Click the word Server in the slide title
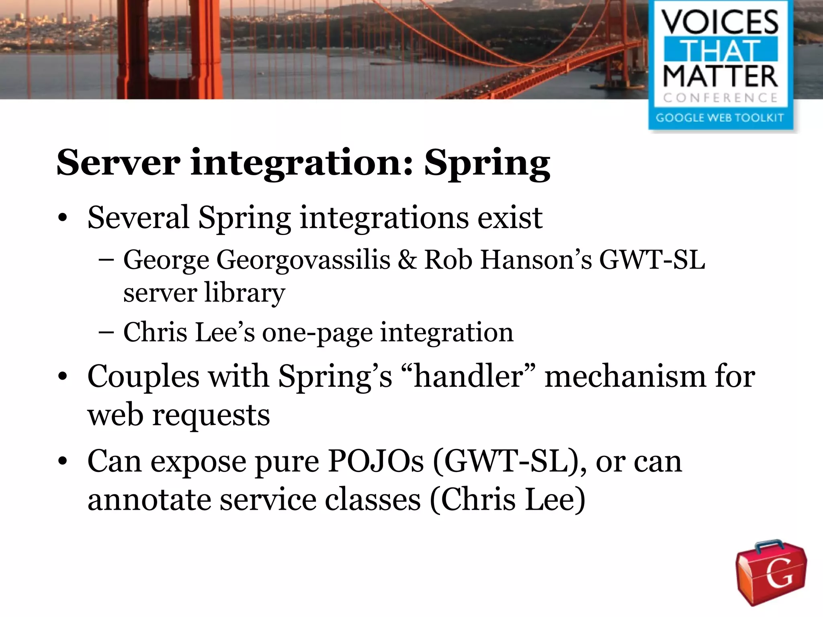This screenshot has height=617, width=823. click(119, 162)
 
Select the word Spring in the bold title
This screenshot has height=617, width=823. click(487, 164)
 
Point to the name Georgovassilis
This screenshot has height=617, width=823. click(303, 260)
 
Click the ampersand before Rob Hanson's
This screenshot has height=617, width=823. click(407, 259)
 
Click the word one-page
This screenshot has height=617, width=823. click(317, 333)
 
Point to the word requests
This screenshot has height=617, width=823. click(211, 416)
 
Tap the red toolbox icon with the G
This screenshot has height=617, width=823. click(771, 572)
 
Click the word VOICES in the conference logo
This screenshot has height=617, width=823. click(720, 22)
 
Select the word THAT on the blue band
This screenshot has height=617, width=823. click(720, 50)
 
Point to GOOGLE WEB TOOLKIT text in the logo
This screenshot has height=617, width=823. click(720, 118)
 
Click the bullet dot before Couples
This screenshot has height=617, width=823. click(62, 377)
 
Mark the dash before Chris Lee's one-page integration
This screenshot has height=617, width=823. click(106, 333)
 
